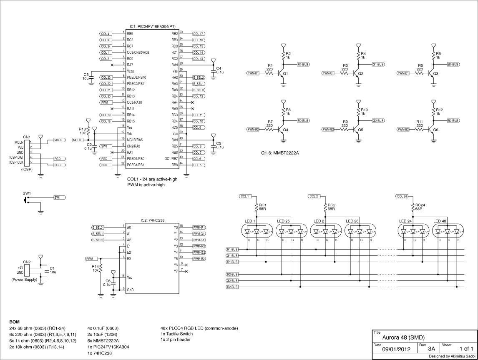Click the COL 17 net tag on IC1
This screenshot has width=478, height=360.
(x=199, y=33)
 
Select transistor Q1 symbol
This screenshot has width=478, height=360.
(x=282, y=74)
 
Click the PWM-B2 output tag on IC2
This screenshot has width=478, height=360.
(x=199, y=259)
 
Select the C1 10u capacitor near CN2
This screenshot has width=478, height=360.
(x=47, y=270)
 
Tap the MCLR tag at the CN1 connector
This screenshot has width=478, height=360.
(x=58, y=140)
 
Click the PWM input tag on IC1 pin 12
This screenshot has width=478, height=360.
(x=105, y=102)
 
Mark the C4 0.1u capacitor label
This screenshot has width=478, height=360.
(x=219, y=70)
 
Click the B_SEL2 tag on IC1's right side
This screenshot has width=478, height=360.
(x=199, y=77)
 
